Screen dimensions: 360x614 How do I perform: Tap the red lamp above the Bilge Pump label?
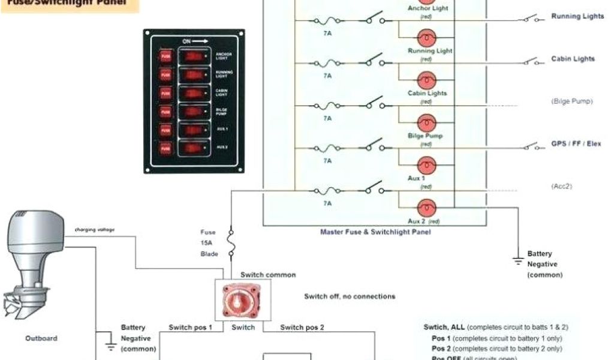coord(426,122)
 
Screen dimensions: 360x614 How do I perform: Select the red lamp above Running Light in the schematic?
coord(426,38)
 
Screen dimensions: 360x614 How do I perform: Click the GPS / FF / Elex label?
coord(576,144)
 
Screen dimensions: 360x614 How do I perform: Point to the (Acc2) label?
coord(561,187)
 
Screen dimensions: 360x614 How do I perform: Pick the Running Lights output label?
coord(577,17)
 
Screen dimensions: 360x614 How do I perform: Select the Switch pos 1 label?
coord(191,328)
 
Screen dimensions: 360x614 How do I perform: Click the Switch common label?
coord(268,275)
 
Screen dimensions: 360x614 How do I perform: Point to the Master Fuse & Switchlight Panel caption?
coord(375,232)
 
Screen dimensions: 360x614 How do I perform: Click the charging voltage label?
coord(94,230)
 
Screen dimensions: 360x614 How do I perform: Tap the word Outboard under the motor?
coord(41,338)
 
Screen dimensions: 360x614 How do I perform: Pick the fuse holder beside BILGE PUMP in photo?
coord(165,112)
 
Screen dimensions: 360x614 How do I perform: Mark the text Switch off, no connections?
coord(350,296)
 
